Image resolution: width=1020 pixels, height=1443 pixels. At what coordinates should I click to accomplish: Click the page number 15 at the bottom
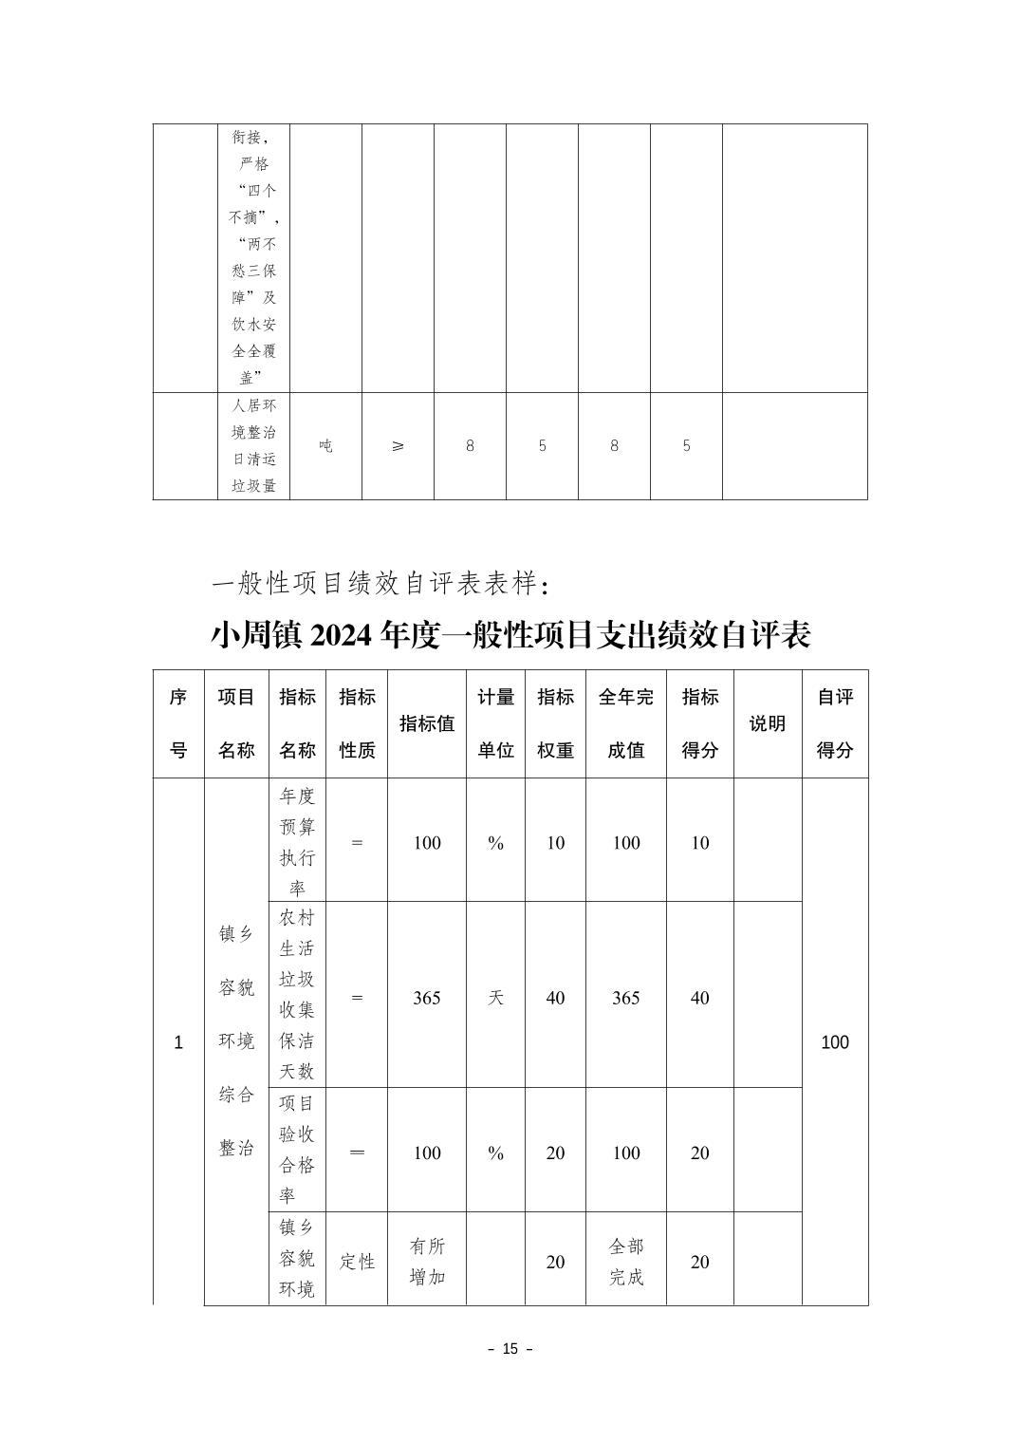(510, 1349)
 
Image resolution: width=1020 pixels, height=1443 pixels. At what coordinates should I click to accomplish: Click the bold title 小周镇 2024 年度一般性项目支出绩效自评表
(510, 635)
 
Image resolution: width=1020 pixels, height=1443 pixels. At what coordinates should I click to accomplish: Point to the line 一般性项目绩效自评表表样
(378, 583)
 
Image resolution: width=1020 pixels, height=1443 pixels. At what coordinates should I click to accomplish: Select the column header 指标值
(426, 723)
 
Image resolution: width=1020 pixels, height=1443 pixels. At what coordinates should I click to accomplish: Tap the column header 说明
(767, 723)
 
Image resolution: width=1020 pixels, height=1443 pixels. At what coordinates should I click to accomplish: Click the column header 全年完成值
(625, 723)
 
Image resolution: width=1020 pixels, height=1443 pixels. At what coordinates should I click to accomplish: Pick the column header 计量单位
(495, 723)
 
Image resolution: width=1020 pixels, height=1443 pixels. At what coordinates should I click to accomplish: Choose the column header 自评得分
(835, 723)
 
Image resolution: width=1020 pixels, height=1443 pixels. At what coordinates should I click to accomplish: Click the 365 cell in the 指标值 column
(426, 998)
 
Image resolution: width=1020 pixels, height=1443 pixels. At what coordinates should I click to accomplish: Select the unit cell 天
(495, 998)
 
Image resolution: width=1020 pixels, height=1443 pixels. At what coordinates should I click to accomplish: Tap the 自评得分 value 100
(835, 1042)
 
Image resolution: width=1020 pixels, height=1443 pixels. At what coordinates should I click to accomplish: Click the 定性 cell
(357, 1262)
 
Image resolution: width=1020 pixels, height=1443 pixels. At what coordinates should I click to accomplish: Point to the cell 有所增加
(426, 1262)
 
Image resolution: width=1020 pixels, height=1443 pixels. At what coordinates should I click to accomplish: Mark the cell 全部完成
(625, 1262)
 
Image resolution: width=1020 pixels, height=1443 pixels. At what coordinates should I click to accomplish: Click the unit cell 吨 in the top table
(325, 445)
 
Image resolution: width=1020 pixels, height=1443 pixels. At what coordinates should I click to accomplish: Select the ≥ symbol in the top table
(398, 445)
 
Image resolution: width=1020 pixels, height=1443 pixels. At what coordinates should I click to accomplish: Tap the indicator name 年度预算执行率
(297, 842)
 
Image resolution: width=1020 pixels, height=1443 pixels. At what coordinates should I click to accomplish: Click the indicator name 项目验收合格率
(297, 1149)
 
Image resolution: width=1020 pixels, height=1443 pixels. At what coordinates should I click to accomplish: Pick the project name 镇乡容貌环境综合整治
(236, 1041)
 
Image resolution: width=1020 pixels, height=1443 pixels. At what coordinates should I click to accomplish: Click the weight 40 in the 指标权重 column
(555, 998)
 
